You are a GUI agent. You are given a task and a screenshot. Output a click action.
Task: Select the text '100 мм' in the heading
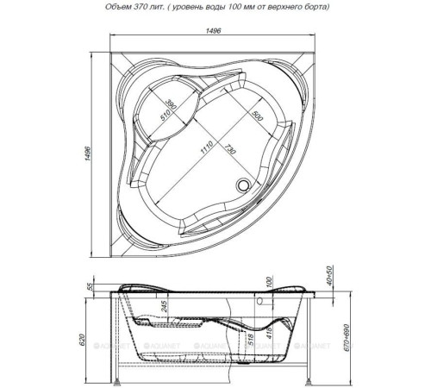(x=240, y=9)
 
